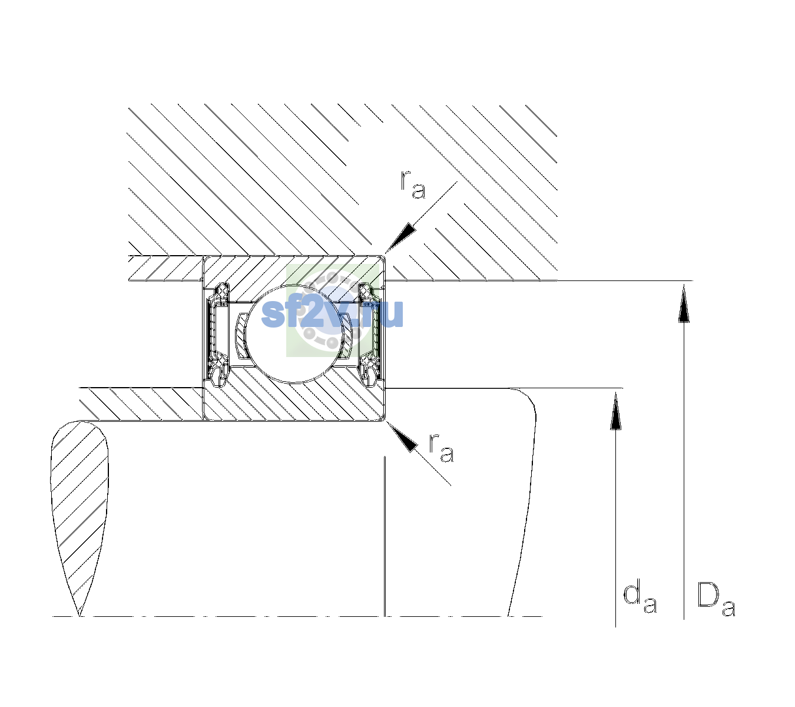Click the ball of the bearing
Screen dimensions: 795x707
295,333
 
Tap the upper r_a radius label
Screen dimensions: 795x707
413,185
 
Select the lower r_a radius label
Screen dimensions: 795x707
441,448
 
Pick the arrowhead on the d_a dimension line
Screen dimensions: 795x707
615,410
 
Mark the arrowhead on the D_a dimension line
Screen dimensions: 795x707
684,303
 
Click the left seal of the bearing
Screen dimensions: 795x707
218,333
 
